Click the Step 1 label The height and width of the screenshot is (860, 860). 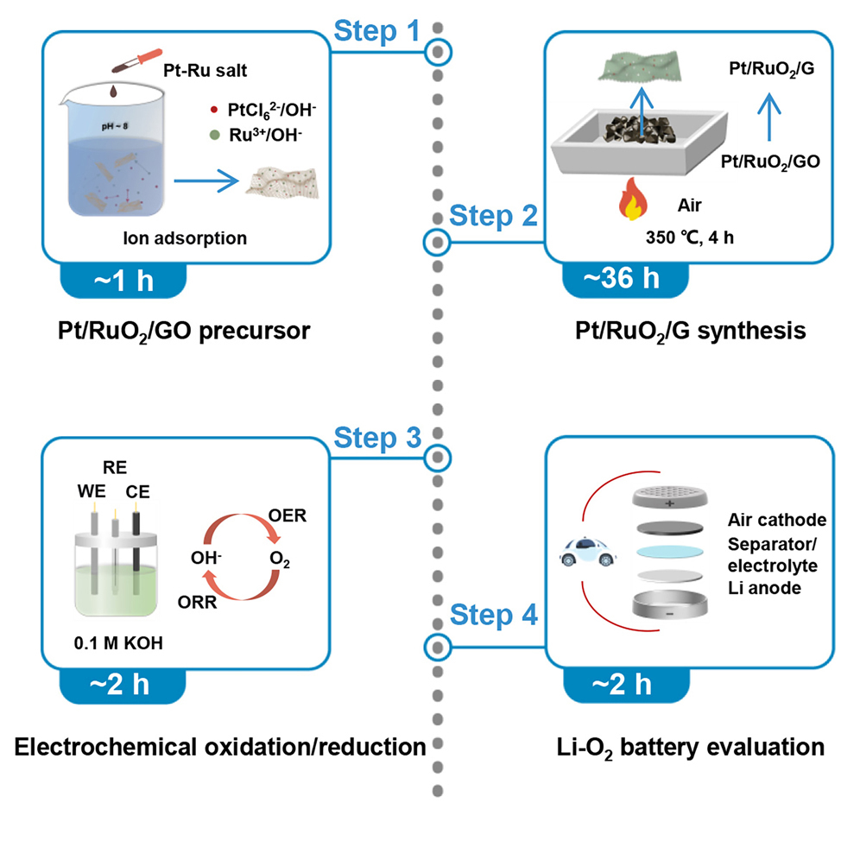pyautogui.click(x=376, y=33)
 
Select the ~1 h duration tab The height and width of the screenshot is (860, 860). pyautogui.click(x=122, y=281)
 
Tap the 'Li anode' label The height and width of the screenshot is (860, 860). pyautogui.click(x=764, y=587)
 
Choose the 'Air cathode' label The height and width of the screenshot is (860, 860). pyautogui.click(x=778, y=521)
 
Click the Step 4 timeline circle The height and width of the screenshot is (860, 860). pyautogui.click(x=438, y=645)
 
